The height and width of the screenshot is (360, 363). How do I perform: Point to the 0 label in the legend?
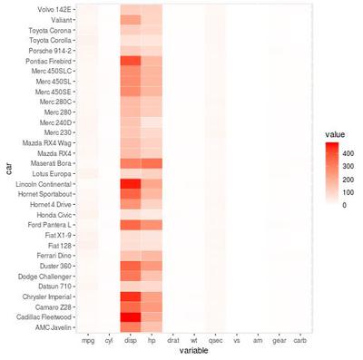click(344, 206)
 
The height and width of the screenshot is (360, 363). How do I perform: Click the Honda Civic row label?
click(54, 214)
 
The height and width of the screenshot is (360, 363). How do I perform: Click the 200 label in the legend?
click(347, 180)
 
